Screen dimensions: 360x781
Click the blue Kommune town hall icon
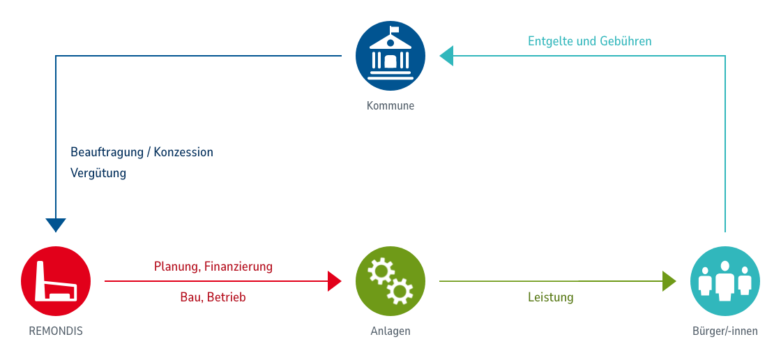click(x=390, y=56)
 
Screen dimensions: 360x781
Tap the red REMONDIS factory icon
click(x=56, y=281)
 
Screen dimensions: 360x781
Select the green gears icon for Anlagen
click(x=390, y=281)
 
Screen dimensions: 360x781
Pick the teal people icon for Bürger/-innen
click(x=725, y=281)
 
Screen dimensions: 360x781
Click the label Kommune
click(x=390, y=106)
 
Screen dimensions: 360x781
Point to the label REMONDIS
click(x=56, y=331)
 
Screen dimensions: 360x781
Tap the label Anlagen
click(x=390, y=331)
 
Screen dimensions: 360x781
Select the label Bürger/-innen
click(x=725, y=331)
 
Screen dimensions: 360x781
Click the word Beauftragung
click(x=107, y=151)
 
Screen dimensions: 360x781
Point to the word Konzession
click(x=183, y=151)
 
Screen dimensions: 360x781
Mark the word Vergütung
click(x=98, y=173)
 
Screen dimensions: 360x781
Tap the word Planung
click(x=177, y=267)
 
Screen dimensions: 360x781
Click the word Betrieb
click(x=227, y=297)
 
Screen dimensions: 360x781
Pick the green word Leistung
click(x=551, y=297)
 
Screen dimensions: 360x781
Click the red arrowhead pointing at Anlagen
click(x=335, y=281)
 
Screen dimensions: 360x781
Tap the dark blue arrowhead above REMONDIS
click(x=56, y=225)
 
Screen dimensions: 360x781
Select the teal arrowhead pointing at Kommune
click(x=446, y=56)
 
